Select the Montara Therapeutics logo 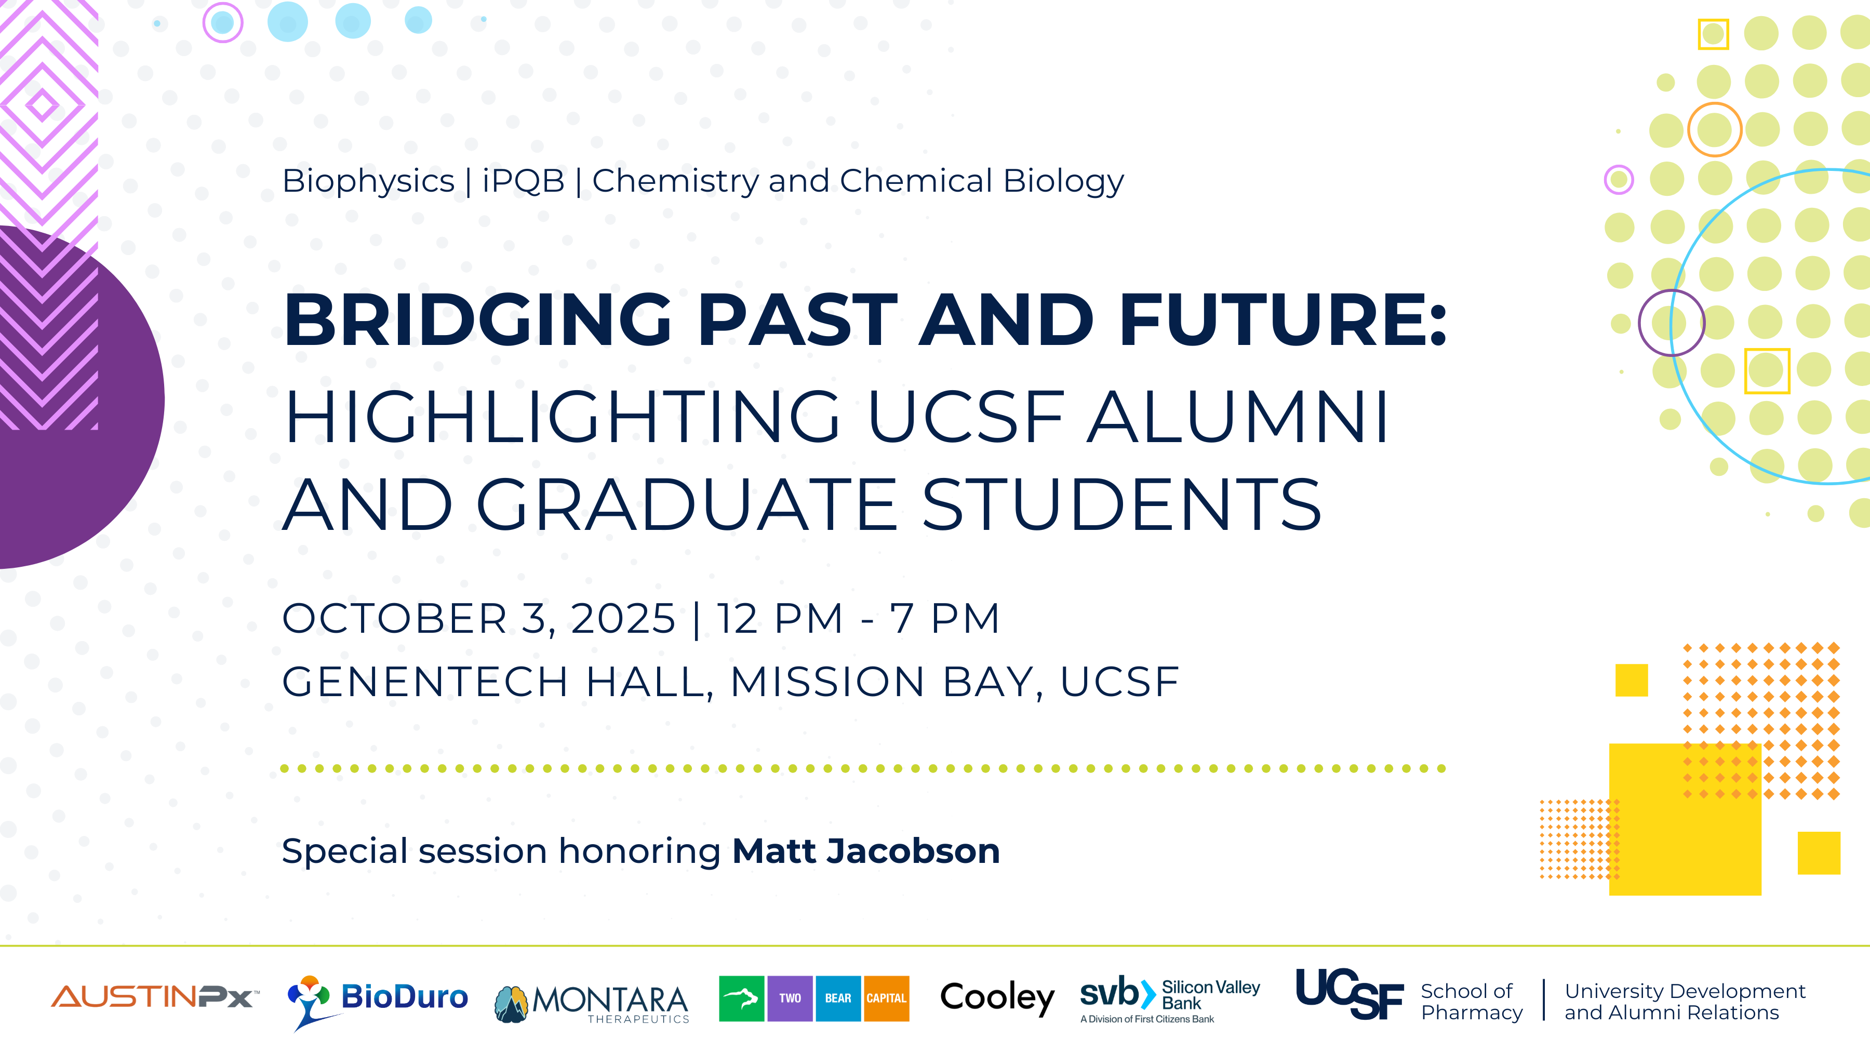pos(591,1003)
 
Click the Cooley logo pos(997,998)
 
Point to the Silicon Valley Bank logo pos(1169,999)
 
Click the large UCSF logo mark pos(1350,993)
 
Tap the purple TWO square pos(790,998)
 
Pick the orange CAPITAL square pos(886,998)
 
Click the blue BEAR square pos(838,998)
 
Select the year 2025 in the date pos(623,619)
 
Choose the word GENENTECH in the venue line pos(425,682)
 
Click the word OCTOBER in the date pos(394,619)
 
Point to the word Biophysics pos(368,181)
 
